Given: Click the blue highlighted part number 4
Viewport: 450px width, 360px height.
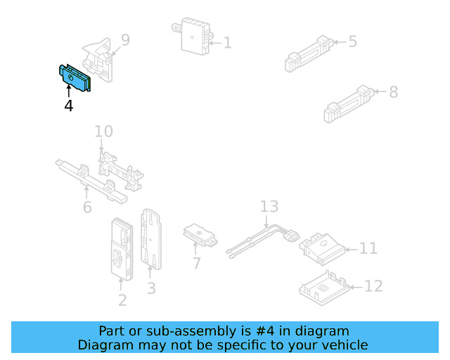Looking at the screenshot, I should click(x=74, y=77).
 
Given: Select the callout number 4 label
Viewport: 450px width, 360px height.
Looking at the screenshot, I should click(x=68, y=105).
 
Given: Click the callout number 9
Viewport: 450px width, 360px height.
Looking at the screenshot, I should click(x=125, y=40).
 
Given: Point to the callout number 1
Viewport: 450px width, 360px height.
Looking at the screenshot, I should click(x=227, y=43).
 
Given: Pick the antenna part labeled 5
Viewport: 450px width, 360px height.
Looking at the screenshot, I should click(x=308, y=53).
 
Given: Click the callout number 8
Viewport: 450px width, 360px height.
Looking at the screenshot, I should click(x=393, y=91).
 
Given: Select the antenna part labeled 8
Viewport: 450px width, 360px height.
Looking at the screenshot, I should click(x=347, y=103).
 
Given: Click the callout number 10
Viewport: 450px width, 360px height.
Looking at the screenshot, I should click(x=103, y=131).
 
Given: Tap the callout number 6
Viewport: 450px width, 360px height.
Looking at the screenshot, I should click(x=87, y=207).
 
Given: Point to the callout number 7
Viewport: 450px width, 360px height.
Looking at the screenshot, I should click(x=196, y=264).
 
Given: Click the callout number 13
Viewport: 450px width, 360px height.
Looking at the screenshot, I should click(x=269, y=207).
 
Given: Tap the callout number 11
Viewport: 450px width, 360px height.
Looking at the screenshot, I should click(x=368, y=248).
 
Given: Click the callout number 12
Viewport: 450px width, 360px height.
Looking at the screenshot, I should click(x=373, y=286).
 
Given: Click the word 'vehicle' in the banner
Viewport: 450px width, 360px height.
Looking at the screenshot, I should click(x=344, y=345).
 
